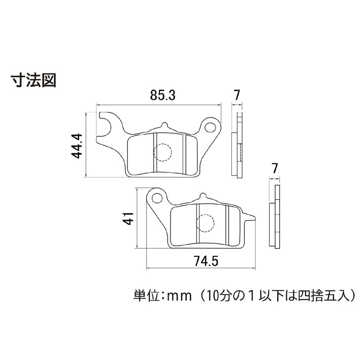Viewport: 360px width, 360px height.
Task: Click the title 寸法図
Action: [34, 80]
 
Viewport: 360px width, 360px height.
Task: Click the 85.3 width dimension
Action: [163, 95]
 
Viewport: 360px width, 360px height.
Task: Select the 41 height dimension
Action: [128, 218]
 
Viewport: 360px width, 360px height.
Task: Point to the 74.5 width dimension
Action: [206, 261]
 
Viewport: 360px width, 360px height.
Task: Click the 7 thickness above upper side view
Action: [236, 95]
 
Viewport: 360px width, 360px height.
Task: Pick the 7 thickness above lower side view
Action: [274, 168]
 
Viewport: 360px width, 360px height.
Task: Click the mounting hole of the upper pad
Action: [210, 127]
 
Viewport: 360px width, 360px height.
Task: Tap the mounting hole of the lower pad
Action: [158, 198]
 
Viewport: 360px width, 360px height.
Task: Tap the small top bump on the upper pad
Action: [165, 125]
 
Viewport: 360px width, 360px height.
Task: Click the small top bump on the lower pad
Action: [202, 196]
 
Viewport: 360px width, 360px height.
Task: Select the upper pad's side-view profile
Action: [237, 145]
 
